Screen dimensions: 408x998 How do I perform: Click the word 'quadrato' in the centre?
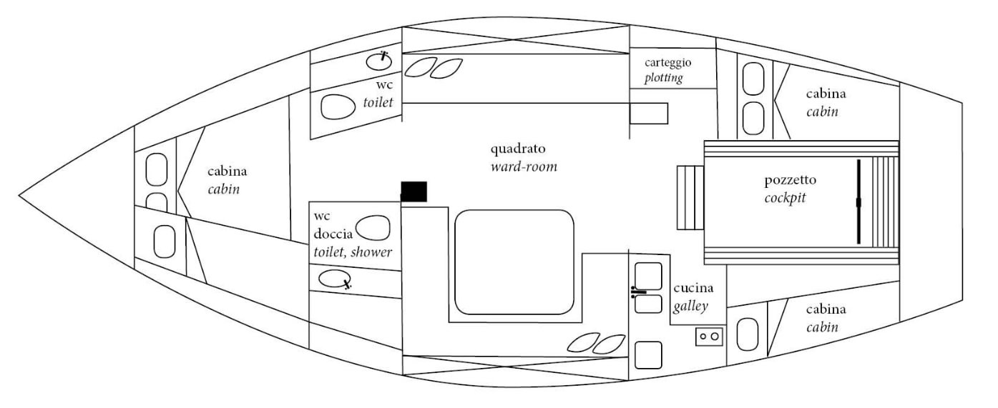(518, 150)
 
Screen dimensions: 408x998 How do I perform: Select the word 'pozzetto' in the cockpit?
(786, 181)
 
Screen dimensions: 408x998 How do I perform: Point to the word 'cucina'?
(691, 290)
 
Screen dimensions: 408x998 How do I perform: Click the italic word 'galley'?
(690, 307)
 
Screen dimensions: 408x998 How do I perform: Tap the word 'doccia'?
(333, 234)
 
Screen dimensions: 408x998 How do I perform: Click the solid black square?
(414, 191)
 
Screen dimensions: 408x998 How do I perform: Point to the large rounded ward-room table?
(514, 262)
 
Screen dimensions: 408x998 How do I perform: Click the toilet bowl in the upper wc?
(338, 108)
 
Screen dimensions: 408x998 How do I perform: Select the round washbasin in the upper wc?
(378, 61)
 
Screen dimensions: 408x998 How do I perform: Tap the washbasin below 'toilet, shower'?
(334, 279)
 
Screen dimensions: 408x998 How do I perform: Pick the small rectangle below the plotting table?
(649, 114)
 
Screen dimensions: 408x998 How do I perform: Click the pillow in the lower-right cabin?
(747, 334)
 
